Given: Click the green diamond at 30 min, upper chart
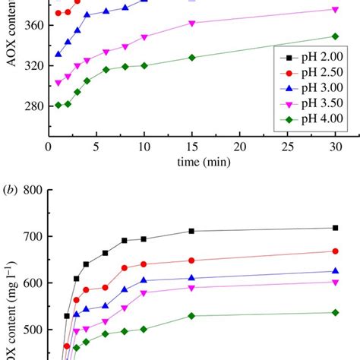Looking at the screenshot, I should tap(335, 36).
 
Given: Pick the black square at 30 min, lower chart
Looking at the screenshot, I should tap(335, 228).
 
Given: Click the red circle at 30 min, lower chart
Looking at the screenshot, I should tap(335, 251).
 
